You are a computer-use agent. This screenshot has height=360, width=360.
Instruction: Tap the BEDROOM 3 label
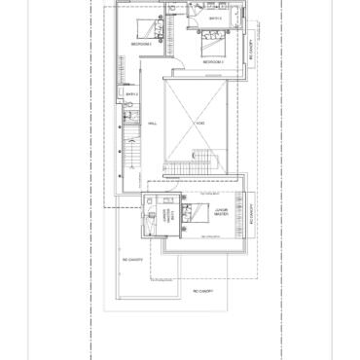point(213,61)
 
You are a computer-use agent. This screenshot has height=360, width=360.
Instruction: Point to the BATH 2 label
point(131,93)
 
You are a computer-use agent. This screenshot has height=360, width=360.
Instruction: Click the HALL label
point(153,124)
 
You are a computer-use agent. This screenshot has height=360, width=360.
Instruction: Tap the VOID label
point(199,124)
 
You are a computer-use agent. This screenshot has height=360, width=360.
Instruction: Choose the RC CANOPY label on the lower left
point(132,261)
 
